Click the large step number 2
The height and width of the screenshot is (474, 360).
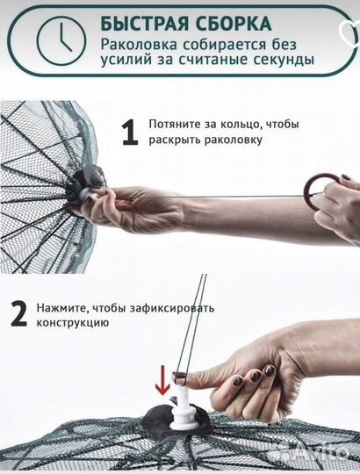pos(17,314)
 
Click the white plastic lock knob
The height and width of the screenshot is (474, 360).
pos(187,410)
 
